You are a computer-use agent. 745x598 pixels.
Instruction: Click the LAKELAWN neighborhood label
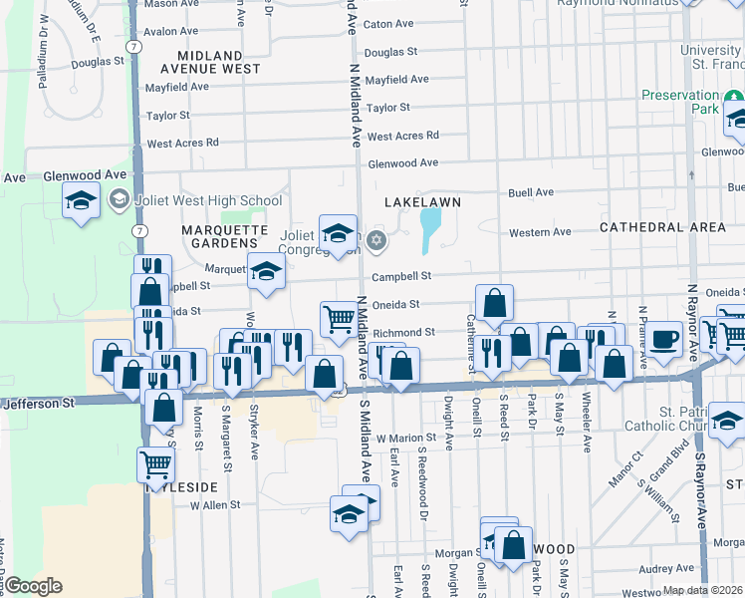point(423,202)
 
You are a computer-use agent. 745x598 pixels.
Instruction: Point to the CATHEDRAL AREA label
point(663,227)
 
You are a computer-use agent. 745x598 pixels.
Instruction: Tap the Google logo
point(33,586)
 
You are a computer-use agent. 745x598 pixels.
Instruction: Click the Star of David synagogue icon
point(376,239)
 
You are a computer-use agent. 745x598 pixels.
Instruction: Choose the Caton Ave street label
point(388,24)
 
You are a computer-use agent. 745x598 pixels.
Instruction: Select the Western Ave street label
point(540,232)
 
